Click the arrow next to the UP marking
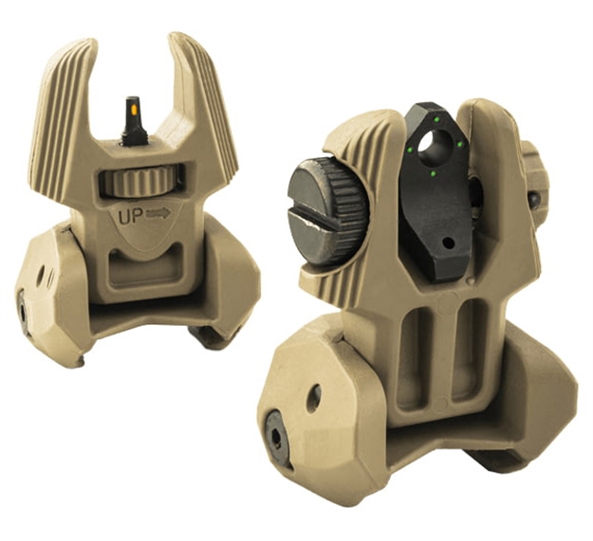click(158, 213)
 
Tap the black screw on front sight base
click(22, 305)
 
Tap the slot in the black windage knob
click(313, 220)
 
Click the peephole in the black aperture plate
click(437, 144)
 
